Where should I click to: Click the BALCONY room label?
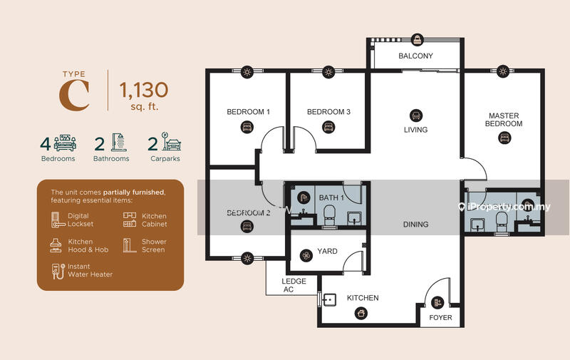pyautogui.click(x=415, y=56)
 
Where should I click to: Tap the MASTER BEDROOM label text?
pyautogui.click(x=504, y=120)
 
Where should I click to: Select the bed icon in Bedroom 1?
pyautogui.click(x=247, y=128)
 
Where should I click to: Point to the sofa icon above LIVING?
pyautogui.click(x=416, y=115)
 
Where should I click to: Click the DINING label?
pyautogui.click(x=415, y=225)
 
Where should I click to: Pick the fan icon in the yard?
pyautogui.click(x=306, y=256)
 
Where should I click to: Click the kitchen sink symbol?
pyautogui.click(x=329, y=299)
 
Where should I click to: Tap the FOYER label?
pyautogui.click(x=440, y=317)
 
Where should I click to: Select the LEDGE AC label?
pyautogui.click(x=294, y=285)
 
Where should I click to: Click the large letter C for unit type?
pyautogui.click(x=75, y=96)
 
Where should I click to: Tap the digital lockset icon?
pyautogui.click(x=57, y=220)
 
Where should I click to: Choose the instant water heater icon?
pyautogui.click(x=58, y=271)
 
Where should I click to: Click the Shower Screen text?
pyautogui.click(x=154, y=246)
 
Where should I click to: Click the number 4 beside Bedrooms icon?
pyautogui.click(x=45, y=144)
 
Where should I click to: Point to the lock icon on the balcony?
pyautogui.click(x=418, y=39)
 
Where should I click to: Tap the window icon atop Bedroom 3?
pyautogui.click(x=328, y=72)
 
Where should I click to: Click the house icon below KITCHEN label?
pyautogui.click(x=361, y=313)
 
